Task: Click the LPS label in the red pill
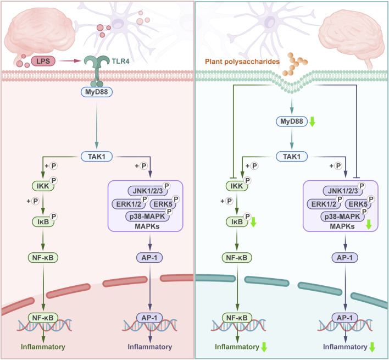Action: [43, 61]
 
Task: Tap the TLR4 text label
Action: [120, 61]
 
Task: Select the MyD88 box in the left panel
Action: [97, 92]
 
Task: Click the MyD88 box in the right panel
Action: [292, 121]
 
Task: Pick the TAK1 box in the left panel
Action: [97, 157]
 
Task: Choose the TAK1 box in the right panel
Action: [292, 157]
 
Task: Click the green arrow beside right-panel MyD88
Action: [312, 121]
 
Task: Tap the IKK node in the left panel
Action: [43, 186]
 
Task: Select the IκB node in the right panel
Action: [237, 221]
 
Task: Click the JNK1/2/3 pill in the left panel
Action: [148, 191]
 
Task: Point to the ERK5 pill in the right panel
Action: [358, 204]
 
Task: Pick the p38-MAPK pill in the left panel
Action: [147, 217]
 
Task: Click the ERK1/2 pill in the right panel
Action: [324, 204]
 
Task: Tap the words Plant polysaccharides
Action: [242, 62]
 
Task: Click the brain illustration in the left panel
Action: [39, 37]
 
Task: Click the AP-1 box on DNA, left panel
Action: [149, 318]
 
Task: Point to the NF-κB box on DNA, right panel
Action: [237, 318]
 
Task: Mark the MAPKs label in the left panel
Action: [147, 226]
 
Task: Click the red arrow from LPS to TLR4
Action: [70, 61]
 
